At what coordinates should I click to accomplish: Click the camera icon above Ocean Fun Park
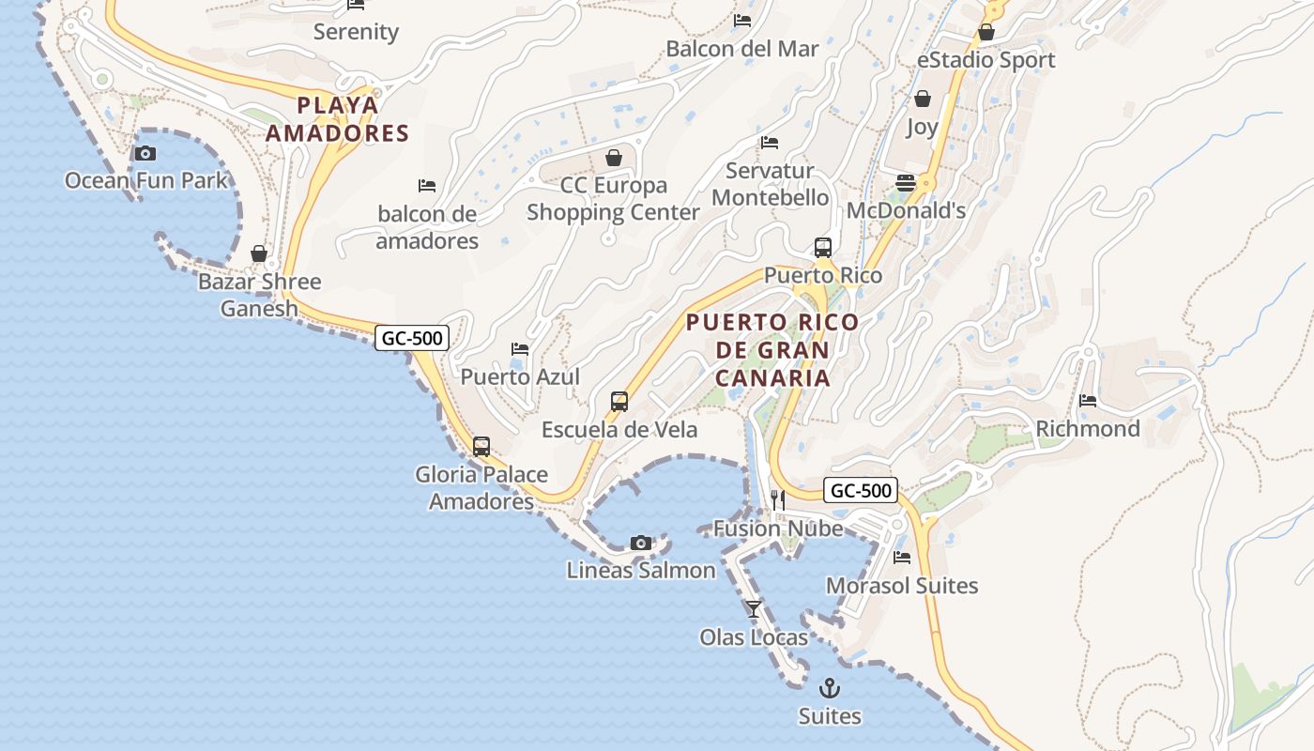pos(145,153)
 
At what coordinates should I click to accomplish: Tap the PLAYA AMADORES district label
pos(338,119)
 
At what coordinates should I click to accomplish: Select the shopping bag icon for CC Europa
pos(614,157)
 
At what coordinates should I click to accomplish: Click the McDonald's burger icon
pos(906,183)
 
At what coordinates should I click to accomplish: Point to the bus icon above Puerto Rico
pos(823,248)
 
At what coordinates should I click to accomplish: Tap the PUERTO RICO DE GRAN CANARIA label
pos(772,350)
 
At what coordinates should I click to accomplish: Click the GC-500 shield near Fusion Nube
pos(861,490)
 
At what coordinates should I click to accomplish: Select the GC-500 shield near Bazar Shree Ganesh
pos(411,338)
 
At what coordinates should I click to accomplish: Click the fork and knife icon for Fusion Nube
pos(777,499)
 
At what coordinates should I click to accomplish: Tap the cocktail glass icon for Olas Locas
pos(754,609)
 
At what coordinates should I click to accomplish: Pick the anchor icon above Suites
pos(830,688)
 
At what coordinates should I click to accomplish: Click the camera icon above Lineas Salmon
pos(641,543)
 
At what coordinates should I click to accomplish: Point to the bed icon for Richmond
pos(1088,401)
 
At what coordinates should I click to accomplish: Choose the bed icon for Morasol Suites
pos(902,558)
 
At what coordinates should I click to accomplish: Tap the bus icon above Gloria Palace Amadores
pos(481,447)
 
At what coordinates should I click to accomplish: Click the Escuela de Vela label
pos(619,430)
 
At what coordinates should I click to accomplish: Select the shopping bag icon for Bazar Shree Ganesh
pos(259,253)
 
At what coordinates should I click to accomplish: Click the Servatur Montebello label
pos(771,184)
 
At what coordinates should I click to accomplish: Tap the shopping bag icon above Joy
pos(923,99)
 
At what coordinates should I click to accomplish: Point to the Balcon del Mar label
pos(742,49)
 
